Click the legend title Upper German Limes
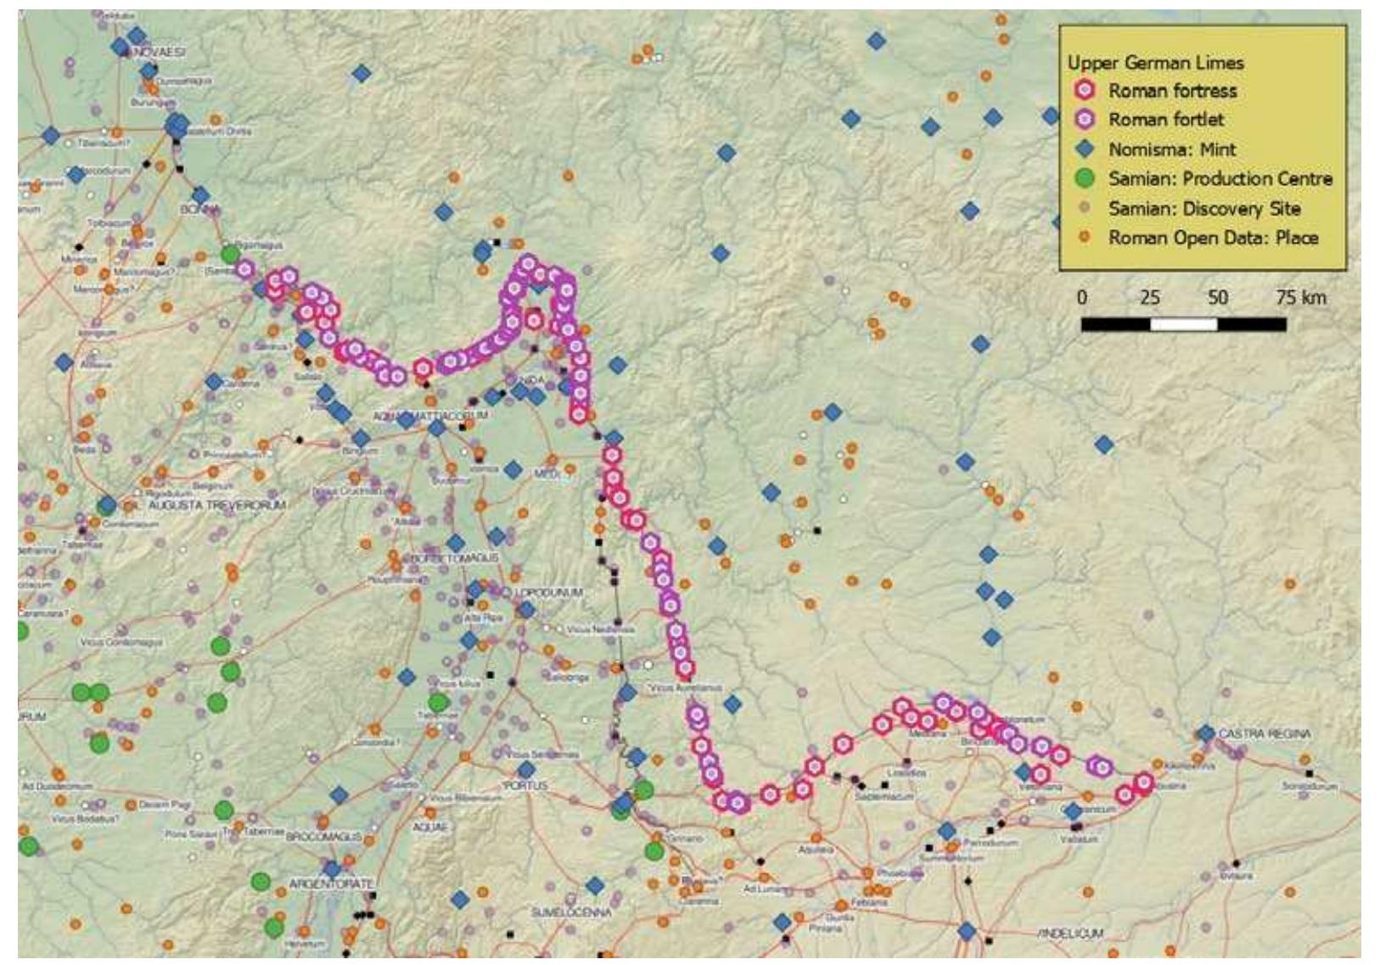pyautogui.click(x=1155, y=63)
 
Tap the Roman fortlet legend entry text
pyautogui.click(x=1166, y=120)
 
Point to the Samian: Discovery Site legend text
pyautogui.click(x=1204, y=209)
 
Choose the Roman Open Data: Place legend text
pyautogui.click(x=1213, y=238)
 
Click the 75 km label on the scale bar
pyautogui.click(x=1299, y=298)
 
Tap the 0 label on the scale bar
pyautogui.click(x=1081, y=298)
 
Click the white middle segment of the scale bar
pyautogui.click(x=1183, y=324)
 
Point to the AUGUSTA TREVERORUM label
pyautogui.click(x=217, y=505)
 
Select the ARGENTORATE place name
pyautogui.click(x=331, y=884)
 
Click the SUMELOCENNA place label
pyautogui.click(x=570, y=912)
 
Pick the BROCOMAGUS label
pyautogui.click(x=323, y=837)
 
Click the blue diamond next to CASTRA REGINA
pyautogui.click(x=1206, y=733)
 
